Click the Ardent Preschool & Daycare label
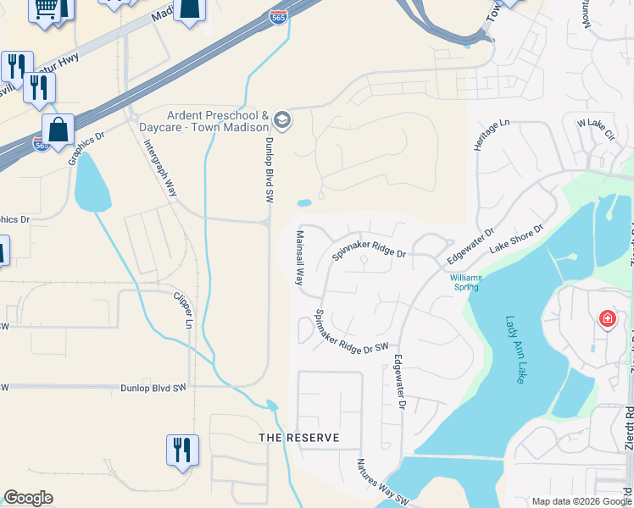click(x=218, y=122)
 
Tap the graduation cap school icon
click(x=283, y=120)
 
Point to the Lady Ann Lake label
click(x=515, y=349)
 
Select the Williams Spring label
click(x=464, y=282)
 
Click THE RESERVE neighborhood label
click(x=299, y=438)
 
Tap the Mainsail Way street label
click(x=299, y=257)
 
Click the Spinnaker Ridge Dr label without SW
click(x=370, y=245)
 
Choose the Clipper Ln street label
click(x=183, y=311)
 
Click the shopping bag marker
click(x=58, y=130)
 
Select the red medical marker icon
click(x=607, y=319)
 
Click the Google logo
click(x=28, y=498)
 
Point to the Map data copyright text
click(x=581, y=501)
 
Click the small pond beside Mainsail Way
click(x=303, y=203)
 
